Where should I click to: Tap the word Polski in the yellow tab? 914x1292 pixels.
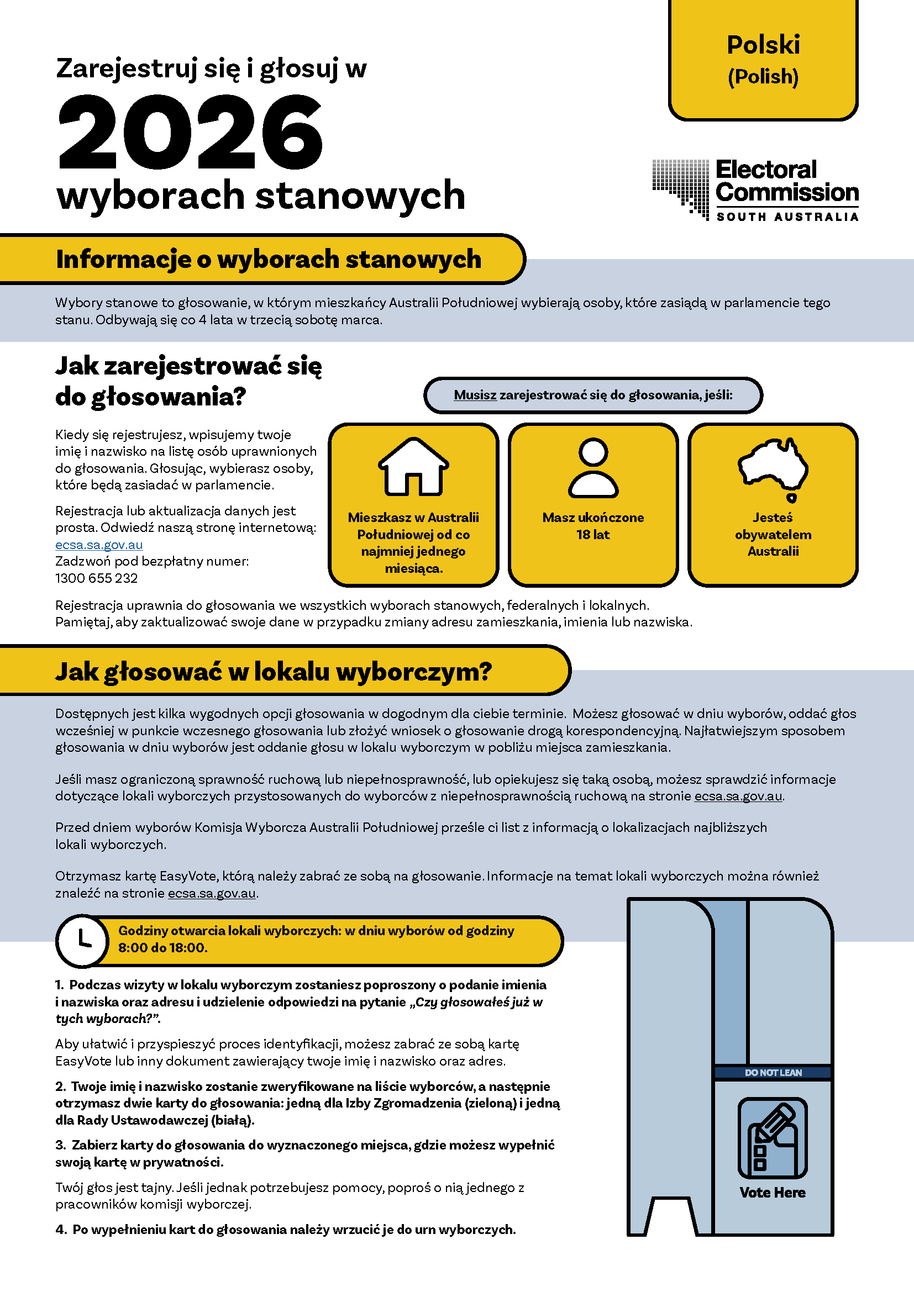click(x=763, y=45)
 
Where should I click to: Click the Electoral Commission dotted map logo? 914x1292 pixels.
click(x=681, y=188)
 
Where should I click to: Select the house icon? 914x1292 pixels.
click(x=413, y=467)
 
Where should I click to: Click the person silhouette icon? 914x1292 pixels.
click(x=593, y=468)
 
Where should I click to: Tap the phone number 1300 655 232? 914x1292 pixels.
click(x=96, y=578)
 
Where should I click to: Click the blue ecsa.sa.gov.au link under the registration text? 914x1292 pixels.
click(x=99, y=544)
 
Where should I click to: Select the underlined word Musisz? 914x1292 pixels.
click(x=475, y=395)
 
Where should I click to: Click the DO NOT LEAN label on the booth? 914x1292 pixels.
click(x=773, y=1073)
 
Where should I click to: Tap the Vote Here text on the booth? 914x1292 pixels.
click(x=772, y=1193)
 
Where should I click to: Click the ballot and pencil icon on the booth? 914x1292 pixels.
click(x=772, y=1137)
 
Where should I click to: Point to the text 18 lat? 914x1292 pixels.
click(x=592, y=535)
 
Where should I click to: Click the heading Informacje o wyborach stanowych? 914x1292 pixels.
click(x=269, y=260)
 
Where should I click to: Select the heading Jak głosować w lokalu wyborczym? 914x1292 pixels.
click(x=274, y=671)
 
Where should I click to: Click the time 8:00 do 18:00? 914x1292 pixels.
click(x=162, y=948)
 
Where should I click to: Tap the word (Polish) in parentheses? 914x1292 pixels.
click(x=763, y=77)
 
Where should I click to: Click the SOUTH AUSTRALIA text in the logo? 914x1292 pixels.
click(x=787, y=217)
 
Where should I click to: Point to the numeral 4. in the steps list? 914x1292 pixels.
click(x=61, y=1230)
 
